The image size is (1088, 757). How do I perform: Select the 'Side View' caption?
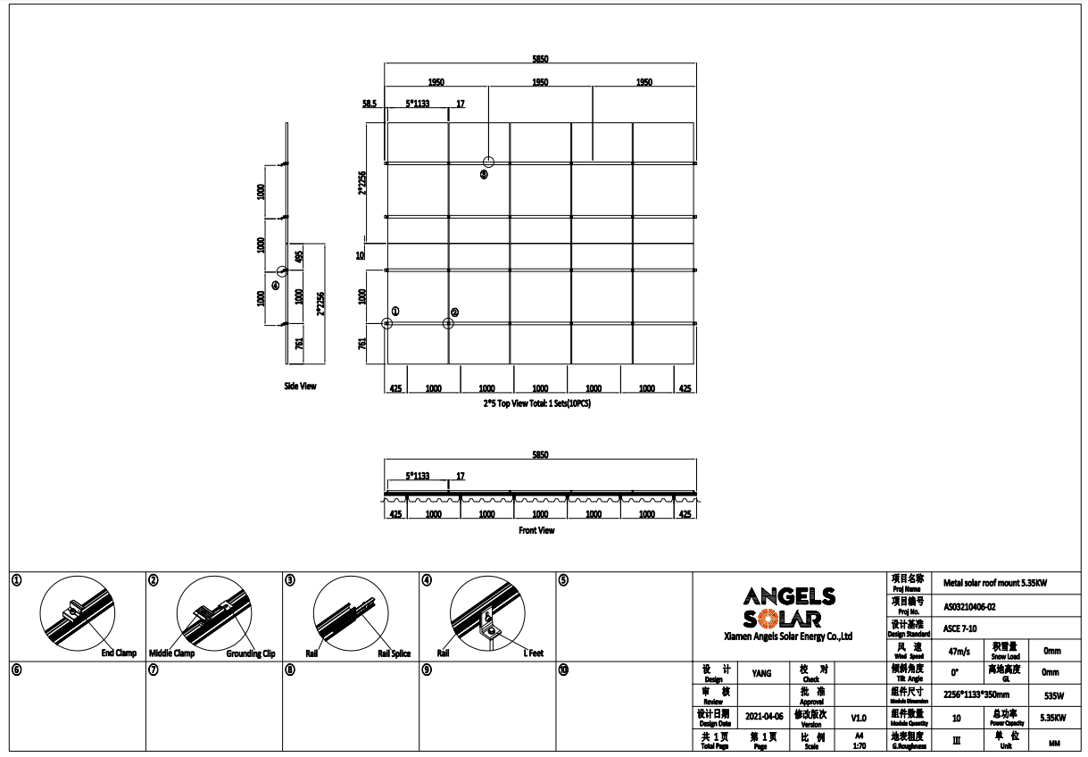coord(300,387)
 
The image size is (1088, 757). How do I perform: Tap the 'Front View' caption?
coord(536,530)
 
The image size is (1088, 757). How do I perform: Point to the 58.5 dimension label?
coord(370,104)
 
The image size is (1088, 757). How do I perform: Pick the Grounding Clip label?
coord(251,653)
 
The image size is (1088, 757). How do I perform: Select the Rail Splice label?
coord(394,653)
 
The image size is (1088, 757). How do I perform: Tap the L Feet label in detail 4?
coord(533,653)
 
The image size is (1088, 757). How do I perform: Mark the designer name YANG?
coord(761,675)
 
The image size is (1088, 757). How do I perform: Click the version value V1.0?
coord(858,717)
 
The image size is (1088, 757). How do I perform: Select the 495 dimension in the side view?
coord(299,255)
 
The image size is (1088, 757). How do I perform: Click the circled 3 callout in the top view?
coord(484,175)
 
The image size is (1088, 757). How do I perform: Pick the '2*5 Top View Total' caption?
coord(536,403)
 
